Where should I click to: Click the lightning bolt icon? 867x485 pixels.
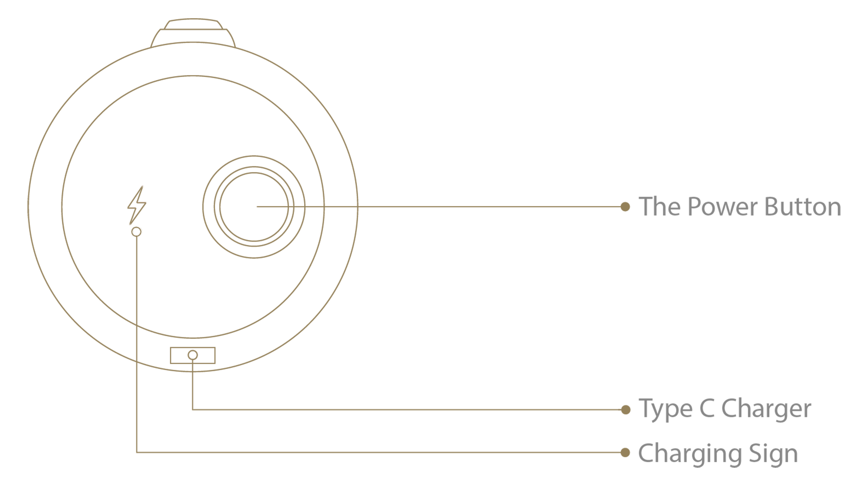(137, 205)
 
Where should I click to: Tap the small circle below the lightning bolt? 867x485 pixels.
(136, 232)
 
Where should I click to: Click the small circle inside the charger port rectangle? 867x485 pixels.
(193, 355)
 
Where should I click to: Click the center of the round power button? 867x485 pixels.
(254, 207)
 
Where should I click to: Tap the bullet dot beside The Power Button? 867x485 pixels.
(625, 206)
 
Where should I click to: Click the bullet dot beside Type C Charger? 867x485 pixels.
(626, 409)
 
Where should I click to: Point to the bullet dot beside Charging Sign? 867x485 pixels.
(625, 452)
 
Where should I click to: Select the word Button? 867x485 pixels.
(803, 207)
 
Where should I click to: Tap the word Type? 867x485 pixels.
(665, 410)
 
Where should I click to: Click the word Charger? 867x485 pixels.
(766, 410)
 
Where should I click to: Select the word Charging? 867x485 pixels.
(690, 454)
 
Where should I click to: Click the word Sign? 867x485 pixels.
(773, 454)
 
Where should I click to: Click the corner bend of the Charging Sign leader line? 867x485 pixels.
(137, 452)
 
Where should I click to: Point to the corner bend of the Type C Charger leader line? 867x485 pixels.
(193, 409)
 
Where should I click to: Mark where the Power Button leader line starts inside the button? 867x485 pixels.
(257, 207)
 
